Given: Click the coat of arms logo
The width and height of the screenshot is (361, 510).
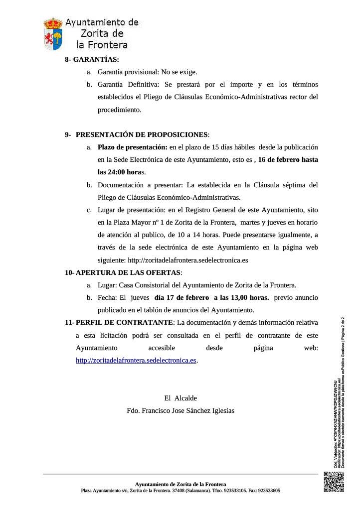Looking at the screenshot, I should point(53,33).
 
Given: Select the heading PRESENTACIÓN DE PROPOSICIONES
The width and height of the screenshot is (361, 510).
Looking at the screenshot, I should point(142,134).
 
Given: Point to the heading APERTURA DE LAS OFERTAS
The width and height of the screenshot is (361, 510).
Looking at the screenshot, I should point(129,272).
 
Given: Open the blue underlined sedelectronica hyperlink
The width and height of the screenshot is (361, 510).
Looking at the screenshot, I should point(136,360).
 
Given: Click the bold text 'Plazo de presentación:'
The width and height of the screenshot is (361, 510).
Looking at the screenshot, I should point(132,147).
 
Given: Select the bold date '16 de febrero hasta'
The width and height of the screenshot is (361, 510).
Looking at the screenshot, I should point(288,160).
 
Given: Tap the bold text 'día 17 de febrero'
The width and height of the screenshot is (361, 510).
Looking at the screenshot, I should point(182,298).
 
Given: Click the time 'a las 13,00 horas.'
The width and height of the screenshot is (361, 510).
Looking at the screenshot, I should point(241,298).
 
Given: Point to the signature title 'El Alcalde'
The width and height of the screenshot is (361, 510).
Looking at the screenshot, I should point(180,398).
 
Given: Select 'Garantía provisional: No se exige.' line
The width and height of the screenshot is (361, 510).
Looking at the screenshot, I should point(148,71).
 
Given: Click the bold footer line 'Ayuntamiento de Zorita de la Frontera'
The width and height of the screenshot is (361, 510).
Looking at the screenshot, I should point(180,484).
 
